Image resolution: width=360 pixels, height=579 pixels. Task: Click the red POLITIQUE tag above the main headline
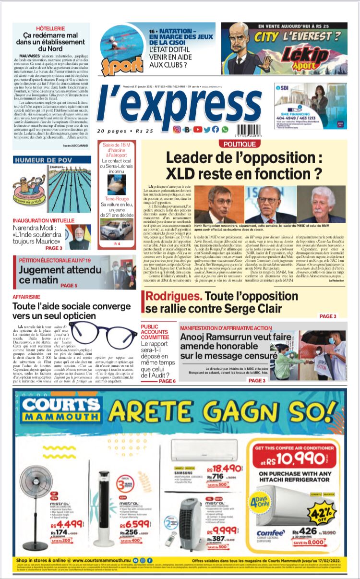[x=240, y=144]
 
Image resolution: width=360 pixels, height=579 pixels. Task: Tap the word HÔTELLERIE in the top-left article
[x=51, y=29]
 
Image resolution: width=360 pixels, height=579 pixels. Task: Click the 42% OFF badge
[x=322, y=512]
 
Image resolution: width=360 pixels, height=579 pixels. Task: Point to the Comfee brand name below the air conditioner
[x=270, y=532]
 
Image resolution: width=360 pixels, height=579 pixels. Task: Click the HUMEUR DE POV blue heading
[x=43, y=160]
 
